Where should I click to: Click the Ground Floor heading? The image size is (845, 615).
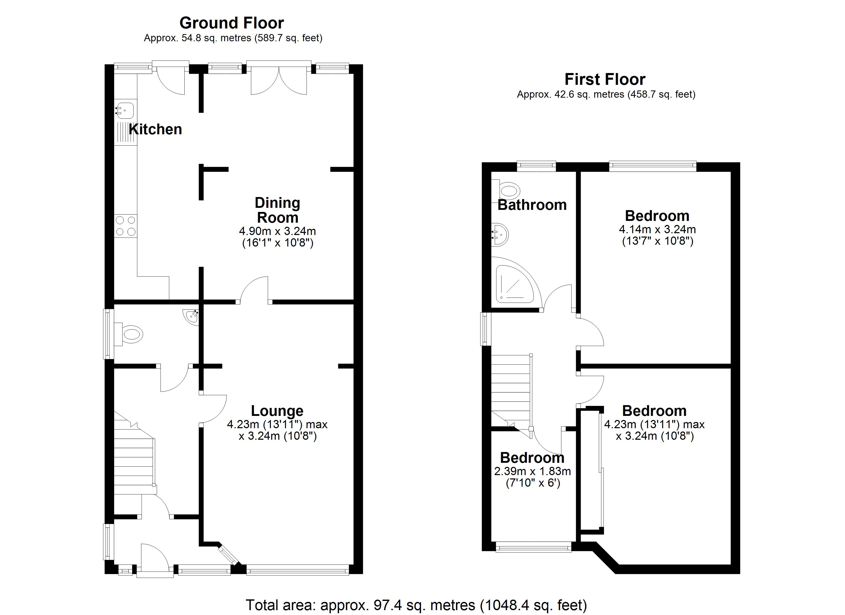[x=231, y=23]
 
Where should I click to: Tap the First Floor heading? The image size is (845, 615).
[x=605, y=79]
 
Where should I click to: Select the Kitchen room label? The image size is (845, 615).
[x=155, y=129]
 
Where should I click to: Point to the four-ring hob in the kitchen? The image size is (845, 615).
[x=125, y=226]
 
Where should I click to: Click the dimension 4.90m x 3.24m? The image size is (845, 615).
[x=277, y=231]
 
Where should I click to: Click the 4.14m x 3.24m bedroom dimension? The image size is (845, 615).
[x=657, y=229]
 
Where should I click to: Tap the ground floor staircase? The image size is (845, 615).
[x=133, y=459]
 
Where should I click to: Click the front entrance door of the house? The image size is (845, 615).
[x=155, y=559]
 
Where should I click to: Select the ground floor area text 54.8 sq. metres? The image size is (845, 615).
[x=233, y=38]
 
